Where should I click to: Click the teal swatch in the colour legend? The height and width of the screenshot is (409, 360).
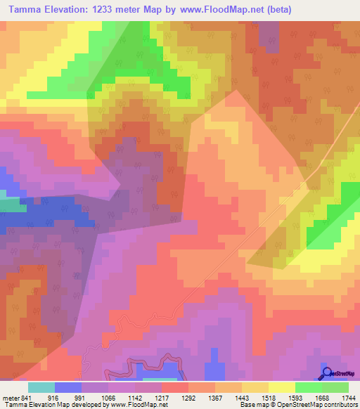coord(41,387)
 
